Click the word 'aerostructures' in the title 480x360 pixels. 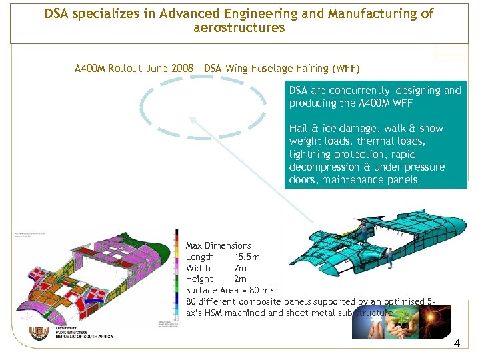click(x=239, y=28)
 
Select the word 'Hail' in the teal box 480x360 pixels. click(x=299, y=129)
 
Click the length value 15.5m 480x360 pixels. click(x=247, y=257)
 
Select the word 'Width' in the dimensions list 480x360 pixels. click(x=198, y=268)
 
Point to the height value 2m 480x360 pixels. click(x=240, y=279)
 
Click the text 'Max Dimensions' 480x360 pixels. click(x=218, y=246)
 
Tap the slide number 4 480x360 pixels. click(x=457, y=344)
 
